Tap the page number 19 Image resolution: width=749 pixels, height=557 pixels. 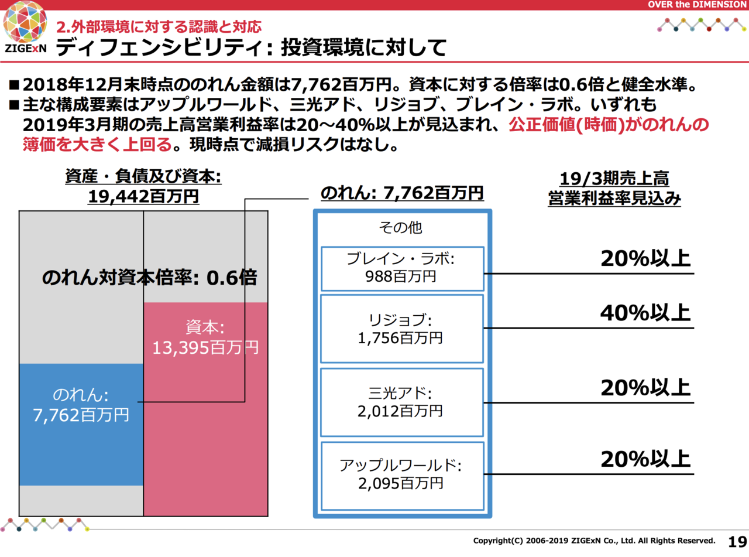tap(737, 541)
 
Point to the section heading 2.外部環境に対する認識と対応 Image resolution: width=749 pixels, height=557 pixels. tap(159, 26)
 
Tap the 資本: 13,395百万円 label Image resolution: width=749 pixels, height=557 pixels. tap(205, 339)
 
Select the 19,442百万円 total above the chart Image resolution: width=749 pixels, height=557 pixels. tap(143, 196)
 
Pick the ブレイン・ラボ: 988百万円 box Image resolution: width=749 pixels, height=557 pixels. tap(402, 268)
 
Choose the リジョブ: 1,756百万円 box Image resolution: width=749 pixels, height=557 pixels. tap(402, 329)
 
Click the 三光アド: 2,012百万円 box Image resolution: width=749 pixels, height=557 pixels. tap(402, 402)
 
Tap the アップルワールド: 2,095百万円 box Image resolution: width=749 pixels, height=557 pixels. tap(402, 475)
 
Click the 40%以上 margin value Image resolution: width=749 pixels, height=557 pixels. tap(645, 313)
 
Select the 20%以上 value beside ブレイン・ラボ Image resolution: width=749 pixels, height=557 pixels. tap(645, 259)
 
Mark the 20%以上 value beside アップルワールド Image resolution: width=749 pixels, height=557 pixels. tap(645, 459)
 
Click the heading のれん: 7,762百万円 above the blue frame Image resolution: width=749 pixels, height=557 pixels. tap(402, 192)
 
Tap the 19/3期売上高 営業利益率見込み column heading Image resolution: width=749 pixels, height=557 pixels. tap(614, 189)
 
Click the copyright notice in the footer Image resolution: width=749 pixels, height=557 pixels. tap(594, 541)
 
